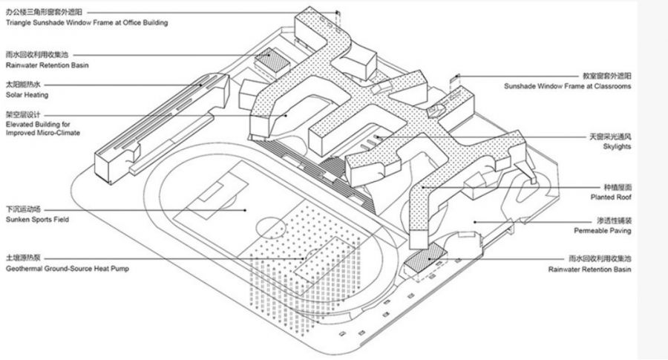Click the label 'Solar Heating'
(26, 95)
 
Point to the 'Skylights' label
(616, 147)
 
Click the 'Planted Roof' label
(612, 197)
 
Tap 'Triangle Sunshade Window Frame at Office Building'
(86, 23)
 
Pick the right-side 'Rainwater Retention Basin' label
(589, 268)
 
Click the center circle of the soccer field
(268, 223)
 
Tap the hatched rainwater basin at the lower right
(424, 256)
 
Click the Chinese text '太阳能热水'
(24, 85)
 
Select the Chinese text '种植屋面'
(618, 188)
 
